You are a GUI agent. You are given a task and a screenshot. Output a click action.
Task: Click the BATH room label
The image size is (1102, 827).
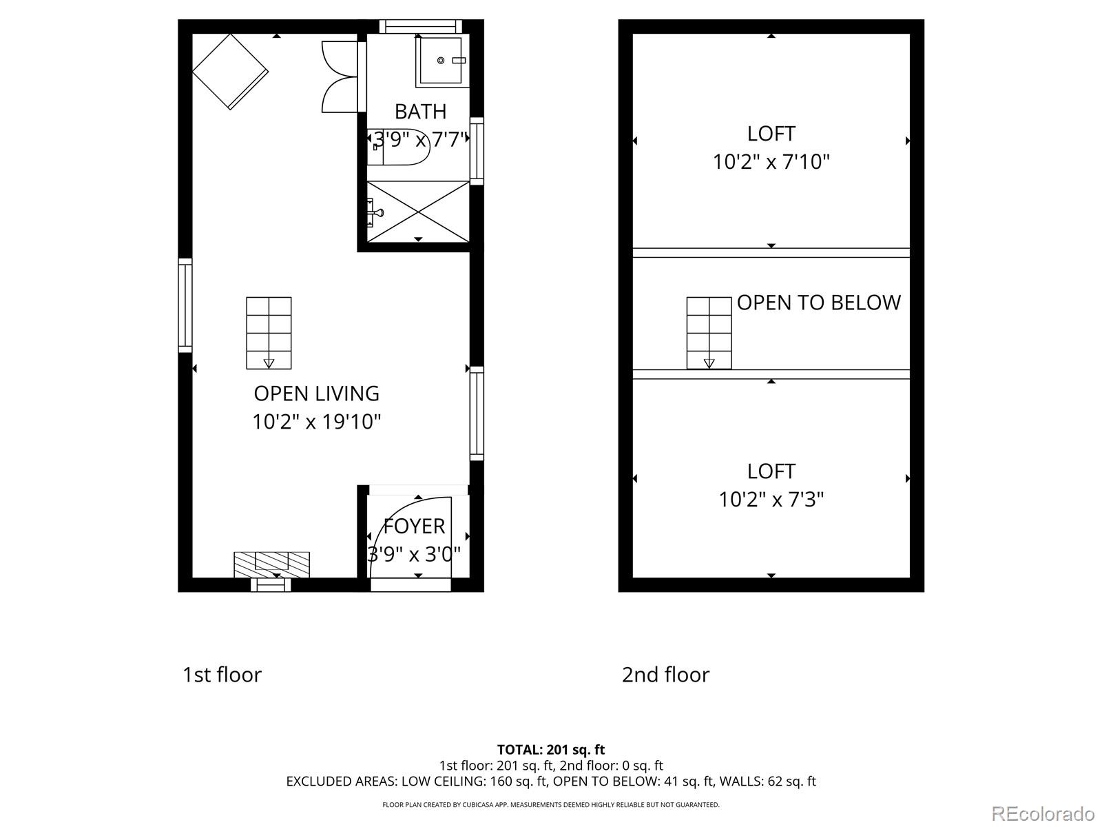click(x=420, y=112)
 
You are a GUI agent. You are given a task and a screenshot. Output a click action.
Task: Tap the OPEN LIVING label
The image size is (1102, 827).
click(x=316, y=394)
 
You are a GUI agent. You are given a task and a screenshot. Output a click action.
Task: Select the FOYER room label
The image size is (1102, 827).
click(x=414, y=527)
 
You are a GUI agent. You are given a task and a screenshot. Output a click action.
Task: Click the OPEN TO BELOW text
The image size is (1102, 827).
click(x=819, y=303)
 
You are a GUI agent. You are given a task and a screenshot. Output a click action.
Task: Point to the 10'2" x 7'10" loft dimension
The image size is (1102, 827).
click(x=771, y=162)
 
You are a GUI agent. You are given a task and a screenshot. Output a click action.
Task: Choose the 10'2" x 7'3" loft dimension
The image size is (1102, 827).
click(x=771, y=499)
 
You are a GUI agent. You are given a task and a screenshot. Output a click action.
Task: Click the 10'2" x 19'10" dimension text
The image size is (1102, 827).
click(x=316, y=421)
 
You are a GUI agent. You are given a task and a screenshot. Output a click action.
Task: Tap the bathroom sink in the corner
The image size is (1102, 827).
click(x=441, y=61)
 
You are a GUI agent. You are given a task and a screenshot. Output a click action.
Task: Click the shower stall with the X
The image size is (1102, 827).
click(x=418, y=211)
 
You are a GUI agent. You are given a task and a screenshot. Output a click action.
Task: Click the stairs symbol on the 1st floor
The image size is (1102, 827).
click(x=269, y=333)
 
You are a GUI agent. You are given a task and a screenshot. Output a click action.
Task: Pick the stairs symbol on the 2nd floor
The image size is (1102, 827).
click(x=709, y=333)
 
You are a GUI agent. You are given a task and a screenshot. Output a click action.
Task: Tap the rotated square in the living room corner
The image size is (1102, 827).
click(x=230, y=72)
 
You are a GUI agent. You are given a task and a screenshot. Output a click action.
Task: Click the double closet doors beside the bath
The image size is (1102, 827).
click(x=340, y=76)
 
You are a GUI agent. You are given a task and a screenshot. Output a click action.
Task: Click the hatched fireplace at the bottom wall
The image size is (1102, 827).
click(x=271, y=564)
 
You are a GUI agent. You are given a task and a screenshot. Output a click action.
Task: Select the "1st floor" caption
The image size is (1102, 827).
click(x=222, y=674)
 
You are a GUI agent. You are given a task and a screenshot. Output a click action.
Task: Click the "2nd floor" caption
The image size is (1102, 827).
click(x=665, y=674)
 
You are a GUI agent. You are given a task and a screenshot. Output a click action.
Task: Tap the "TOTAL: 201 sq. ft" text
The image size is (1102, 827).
click(x=551, y=749)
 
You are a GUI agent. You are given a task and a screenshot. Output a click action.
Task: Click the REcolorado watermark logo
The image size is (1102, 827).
click(x=1043, y=814)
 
